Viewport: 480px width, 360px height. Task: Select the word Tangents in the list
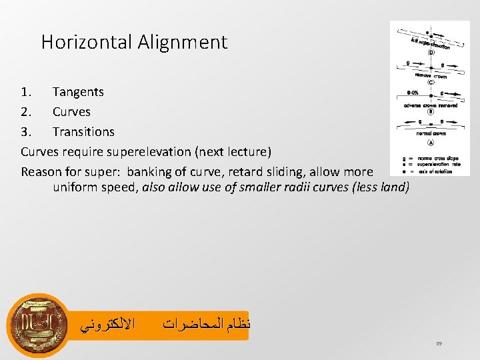pos(78,92)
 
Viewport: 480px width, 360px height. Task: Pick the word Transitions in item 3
pos(83,132)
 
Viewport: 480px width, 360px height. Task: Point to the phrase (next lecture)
pos(233,152)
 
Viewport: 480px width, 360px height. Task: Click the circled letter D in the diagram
pos(431,52)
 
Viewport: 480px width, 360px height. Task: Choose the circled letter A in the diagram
pos(431,142)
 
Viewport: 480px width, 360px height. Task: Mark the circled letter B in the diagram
pos(431,112)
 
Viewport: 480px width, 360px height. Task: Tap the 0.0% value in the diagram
pos(413,93)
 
